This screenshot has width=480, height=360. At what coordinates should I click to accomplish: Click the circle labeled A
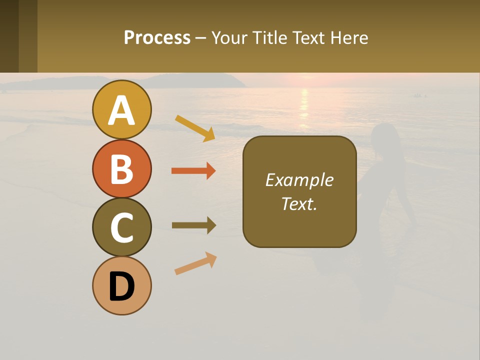click(121, 109)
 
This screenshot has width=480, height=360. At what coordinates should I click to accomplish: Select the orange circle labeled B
click(121, 168)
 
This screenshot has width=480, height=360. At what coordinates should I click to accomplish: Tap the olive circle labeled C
click(121, 227)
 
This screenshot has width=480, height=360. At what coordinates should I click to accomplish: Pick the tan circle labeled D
click(121, 286)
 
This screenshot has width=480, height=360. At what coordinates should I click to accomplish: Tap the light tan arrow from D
click(195, 263)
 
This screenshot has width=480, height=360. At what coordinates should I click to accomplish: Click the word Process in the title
click(157, 37)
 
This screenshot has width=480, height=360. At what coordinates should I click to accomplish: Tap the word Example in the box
click(299, 180)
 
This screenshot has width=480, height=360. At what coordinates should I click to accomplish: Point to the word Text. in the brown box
click(299, 204)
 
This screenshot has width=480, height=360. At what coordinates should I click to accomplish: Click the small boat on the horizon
click(418, 95)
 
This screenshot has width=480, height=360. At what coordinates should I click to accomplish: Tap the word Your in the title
click(229, 37)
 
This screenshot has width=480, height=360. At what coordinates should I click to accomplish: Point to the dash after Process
click(201, 38)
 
